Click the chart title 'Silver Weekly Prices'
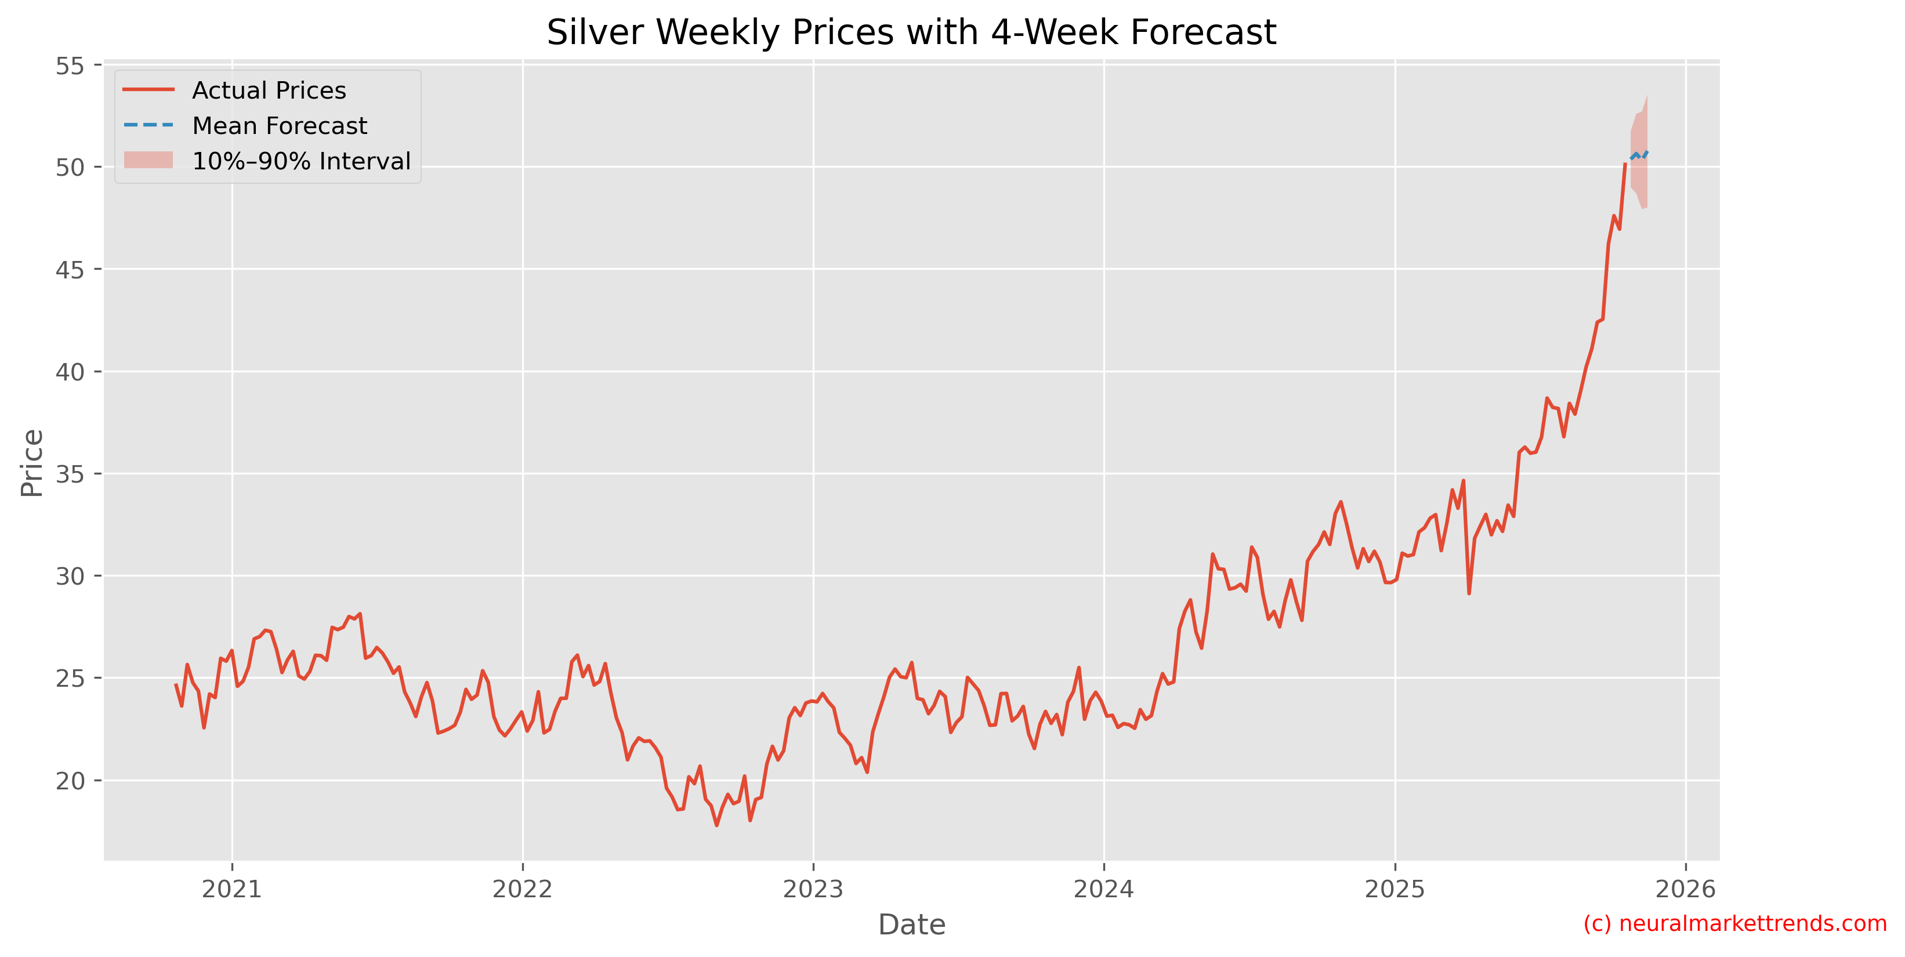click(x=911, y=32)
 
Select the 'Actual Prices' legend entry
click(x=269, y=90)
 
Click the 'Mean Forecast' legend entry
click(x=279, y=126)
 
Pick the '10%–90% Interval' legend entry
click(x=300, y=161)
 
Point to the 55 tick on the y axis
click(x=70, y=66)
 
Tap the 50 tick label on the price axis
click(x=70, y=168)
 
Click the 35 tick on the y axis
click(x=70, y=474)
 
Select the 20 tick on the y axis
click(x=70, y=780)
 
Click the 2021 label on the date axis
click(x=231, y=889)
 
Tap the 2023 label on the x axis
click(x=813, y=889)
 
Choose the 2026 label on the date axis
click(x=1685, y=889)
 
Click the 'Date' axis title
click(x=911, y=925)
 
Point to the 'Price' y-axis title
click(x=32, y=463)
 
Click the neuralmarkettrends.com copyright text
click(x=1735, y=924)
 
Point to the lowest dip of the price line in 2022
click(x=716, y=825)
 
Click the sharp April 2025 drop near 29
click(x=1469, y=592)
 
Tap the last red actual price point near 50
click(x=1625, y=164)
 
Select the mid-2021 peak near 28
click(x=360, y=614)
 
